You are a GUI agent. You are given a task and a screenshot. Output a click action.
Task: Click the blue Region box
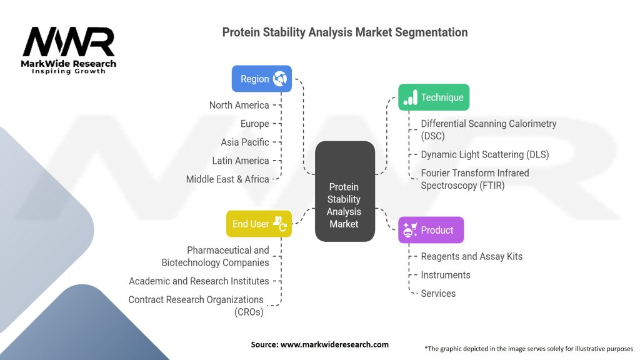[262, 79]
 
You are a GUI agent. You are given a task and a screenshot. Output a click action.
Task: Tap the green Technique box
[434, 97]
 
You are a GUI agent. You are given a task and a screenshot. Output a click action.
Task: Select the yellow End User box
[259, 224]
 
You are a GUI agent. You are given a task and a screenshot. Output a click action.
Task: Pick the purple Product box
[431, 230]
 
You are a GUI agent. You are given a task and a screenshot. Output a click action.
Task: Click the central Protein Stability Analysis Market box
[345, 191]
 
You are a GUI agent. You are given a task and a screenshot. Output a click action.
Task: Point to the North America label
[239, 105]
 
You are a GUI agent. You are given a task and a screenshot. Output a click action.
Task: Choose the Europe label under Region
[255, 124]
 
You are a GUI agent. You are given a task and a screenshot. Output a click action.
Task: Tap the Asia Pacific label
[245, 142]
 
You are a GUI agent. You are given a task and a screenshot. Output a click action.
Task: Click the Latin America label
[241, 161]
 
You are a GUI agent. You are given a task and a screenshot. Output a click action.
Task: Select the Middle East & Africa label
[227, 179]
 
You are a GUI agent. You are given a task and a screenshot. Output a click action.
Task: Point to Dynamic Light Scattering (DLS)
[485, 155]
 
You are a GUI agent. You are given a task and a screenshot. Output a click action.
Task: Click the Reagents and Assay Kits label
[471, 256]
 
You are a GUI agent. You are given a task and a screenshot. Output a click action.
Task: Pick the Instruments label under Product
[445, 275]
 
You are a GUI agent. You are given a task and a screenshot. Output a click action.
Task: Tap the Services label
[438, 294]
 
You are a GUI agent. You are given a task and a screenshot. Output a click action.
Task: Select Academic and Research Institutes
[199, 281]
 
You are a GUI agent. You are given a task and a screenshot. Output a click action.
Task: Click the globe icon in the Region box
[280, 78]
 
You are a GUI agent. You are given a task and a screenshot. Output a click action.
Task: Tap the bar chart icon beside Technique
[410, 97]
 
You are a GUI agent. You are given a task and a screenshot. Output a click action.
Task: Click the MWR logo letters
[69, 42]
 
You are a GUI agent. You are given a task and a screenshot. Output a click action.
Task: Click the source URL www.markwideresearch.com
[334, 344]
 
